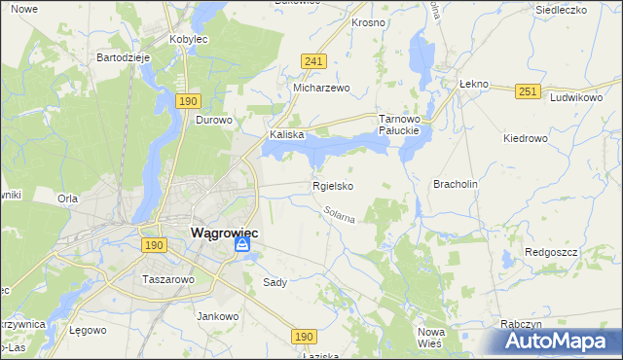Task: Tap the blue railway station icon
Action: click(242, 247)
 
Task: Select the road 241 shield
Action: click(312, 61)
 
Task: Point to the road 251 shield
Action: click(528, 90)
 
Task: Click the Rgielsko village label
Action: click(332, 186)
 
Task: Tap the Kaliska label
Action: click(287, 135)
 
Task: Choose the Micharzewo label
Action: click(321, 88)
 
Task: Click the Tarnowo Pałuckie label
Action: click(398, 124)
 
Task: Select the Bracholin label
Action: click(457, 184)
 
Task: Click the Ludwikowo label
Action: click(577, 98)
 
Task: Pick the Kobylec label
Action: click(190, 40)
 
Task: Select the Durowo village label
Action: click(213, 121)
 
